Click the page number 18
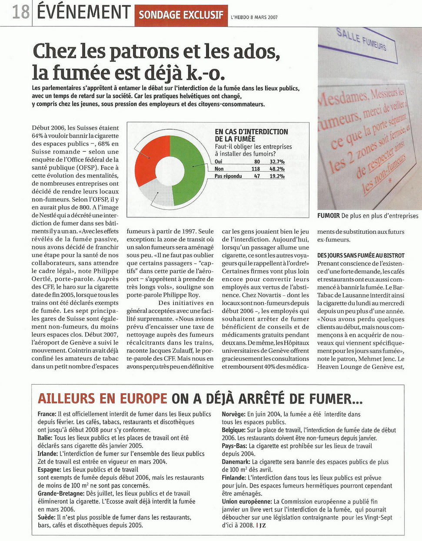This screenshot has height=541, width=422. pyautogui.click(x=20, y=12)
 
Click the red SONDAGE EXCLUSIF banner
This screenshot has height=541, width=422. pyautogui.click(x=181, y=15)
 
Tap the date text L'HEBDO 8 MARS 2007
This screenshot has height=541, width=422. pyautogui.click(x=254, y=17)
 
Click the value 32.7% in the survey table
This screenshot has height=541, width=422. pyautogui.click(x=277, y=162)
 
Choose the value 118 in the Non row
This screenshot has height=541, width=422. pyautogui.click(x=256, y=169)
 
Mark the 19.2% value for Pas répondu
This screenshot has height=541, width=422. pyautogui.click(x=277, y=176)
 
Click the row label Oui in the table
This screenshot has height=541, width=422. pyautogui.click(x=219, y=162)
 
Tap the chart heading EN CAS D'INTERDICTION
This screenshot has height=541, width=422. pyautogui.click(x=251, y=132)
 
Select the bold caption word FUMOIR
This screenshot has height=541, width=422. pyautogui.click(x=329, y=216)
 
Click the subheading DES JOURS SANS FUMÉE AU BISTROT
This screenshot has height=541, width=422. pyautogui.click(x=361, y=256)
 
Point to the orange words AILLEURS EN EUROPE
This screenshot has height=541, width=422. pyautogui.click(x=102, y=398)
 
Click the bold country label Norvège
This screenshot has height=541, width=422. pyautogui.click(x=233, y=414)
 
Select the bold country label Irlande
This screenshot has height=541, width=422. pyautogui.click(x=47, y=454)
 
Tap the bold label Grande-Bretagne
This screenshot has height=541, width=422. pyautogui.click(x=61, y=493)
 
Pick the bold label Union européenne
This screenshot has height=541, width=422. pyautogui.click(x=247, y=501)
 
